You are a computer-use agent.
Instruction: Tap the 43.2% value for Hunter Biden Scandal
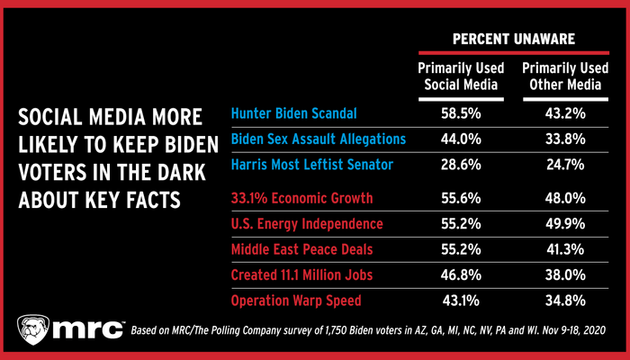556,114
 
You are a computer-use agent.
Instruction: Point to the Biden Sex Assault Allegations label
318,139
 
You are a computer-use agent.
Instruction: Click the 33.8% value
556,139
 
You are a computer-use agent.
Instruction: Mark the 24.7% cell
556,166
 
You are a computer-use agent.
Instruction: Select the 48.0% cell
556,196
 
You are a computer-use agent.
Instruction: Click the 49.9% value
556,222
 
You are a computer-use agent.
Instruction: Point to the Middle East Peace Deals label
303,247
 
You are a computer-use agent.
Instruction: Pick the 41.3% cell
556,247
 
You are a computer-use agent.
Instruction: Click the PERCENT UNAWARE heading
505,40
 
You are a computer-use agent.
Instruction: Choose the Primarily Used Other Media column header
556,76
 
